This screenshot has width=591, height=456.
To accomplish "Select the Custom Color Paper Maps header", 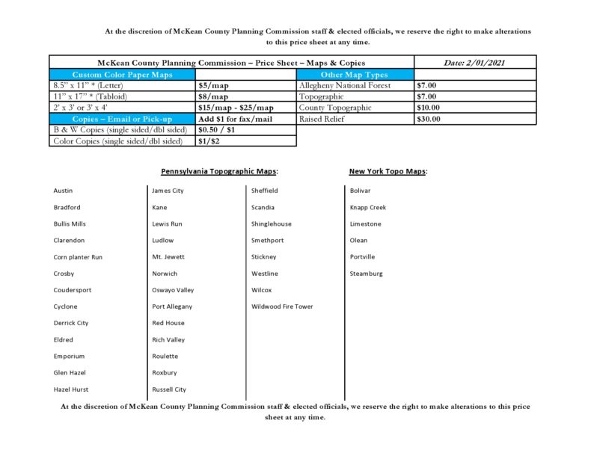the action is [121, 75].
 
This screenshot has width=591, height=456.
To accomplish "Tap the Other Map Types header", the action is [355, 75].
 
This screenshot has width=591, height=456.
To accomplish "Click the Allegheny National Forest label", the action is [345, 86].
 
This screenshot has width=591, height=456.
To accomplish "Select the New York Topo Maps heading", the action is [388, 171].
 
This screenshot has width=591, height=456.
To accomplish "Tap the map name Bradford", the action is [67, 207].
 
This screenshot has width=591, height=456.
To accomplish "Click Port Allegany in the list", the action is [172, 306].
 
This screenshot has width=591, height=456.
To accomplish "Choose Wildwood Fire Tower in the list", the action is [282, 306].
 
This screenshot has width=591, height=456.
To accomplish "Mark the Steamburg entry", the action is [366, 274].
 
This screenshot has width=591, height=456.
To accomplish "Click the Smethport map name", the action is [268, 241].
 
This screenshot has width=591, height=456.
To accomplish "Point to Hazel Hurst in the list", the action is [71, 389].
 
